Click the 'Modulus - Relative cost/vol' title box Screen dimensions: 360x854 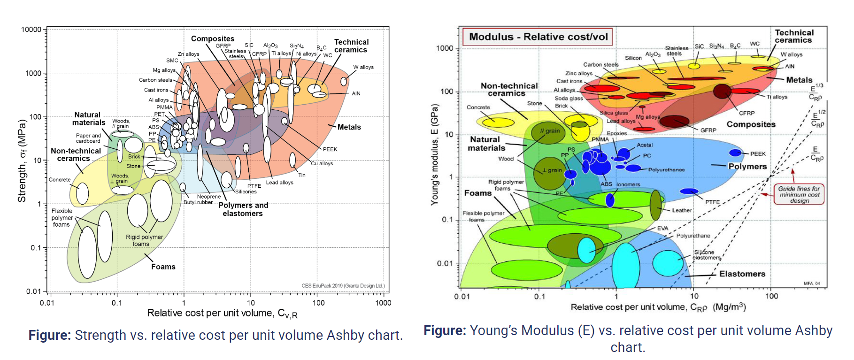click(538, 37)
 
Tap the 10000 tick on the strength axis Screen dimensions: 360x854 click(31, 30)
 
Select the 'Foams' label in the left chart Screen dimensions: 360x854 click(163, 267)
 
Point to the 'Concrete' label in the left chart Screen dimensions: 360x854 click(60, 180)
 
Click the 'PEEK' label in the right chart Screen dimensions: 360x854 click(758, 153)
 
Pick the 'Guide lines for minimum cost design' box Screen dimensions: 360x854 click(799, 194)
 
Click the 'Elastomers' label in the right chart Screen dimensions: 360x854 click(742, 274)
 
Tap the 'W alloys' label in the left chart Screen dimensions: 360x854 click(363, 67)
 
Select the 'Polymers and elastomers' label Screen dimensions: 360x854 click(243, 209)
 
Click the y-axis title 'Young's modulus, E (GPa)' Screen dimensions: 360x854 click(435, 155)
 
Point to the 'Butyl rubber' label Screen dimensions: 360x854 click(198, 202)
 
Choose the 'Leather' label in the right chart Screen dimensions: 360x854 click(681, 210)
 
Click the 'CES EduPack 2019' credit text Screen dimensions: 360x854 click(343, 285)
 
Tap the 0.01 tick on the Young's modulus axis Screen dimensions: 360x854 click(445, 263)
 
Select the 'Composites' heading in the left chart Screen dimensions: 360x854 click(213, 38)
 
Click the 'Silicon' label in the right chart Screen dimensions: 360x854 click(633, 58)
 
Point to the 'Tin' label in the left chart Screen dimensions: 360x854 click(302, 175)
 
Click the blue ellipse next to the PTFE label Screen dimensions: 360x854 click(689, 191)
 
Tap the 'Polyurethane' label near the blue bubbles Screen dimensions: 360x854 click(666, 170)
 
